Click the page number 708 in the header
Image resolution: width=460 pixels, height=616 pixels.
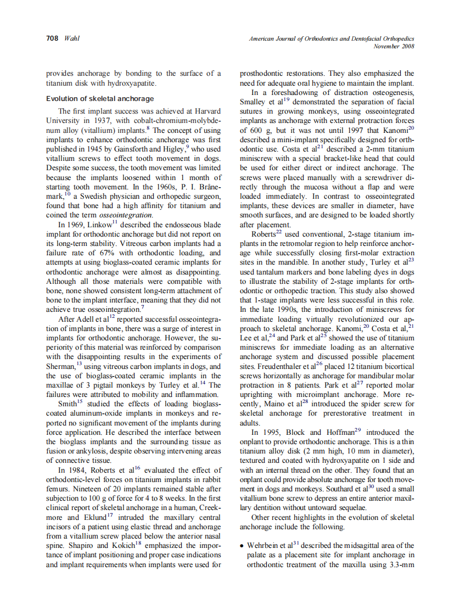[x=52, y=38]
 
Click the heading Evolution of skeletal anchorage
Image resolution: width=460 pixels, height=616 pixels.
[x=99, y=99]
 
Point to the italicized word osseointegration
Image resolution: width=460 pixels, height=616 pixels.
[x=131, y=215]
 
